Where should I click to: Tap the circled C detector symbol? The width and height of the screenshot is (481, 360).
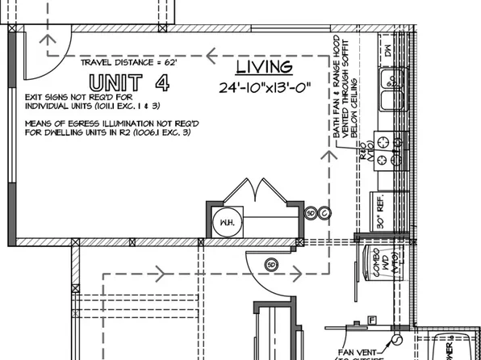point(324,213)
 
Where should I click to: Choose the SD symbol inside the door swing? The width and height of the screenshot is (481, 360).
point(271,263)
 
